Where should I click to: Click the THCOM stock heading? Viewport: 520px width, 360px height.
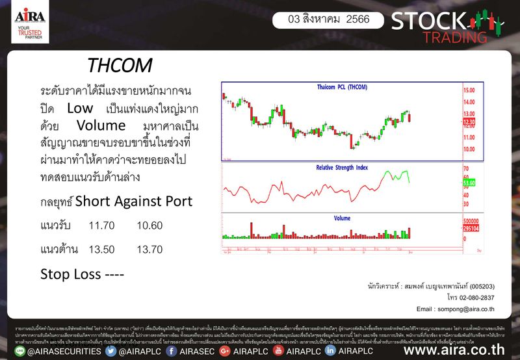coord(120,66)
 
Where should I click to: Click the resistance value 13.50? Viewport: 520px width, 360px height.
coord(102,249)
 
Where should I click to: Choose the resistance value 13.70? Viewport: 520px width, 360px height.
coord(150,249)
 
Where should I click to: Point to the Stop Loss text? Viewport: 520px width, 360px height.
coord(83,274)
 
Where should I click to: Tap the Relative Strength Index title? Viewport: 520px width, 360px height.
coord(342,168)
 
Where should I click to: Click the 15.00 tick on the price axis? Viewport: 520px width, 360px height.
coord(469,91)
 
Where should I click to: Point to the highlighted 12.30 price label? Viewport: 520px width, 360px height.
coord(470,122)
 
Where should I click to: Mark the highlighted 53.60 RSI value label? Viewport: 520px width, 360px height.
coord(470,184)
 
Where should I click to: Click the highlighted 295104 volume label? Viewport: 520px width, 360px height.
coord(472,229)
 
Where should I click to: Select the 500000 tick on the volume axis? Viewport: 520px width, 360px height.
coord(472,222)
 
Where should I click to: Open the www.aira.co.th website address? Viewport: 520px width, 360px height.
coord(454,352)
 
